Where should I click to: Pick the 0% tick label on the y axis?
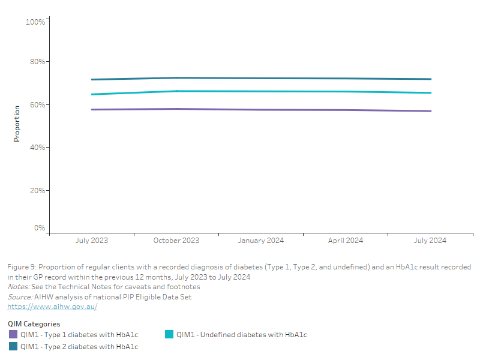tap(40, 228)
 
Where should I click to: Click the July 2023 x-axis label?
tap(92, 241)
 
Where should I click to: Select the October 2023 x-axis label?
tap(176, 241)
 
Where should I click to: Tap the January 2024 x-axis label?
tap(261, 241)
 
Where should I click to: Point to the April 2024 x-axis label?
tap(346, 241)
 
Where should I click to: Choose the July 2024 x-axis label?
tap(430, 241)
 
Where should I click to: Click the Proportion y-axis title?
tap(17, 124)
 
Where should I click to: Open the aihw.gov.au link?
tap(52, 307)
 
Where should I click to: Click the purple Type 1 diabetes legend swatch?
tap(13, 334)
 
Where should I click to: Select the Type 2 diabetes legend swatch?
tap(13, 346)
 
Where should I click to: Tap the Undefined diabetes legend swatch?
tap(169, 334)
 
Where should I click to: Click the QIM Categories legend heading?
tap(34, 324)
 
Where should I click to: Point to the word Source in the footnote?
tap(19, 297)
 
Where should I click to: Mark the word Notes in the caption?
tap(18, 287)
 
